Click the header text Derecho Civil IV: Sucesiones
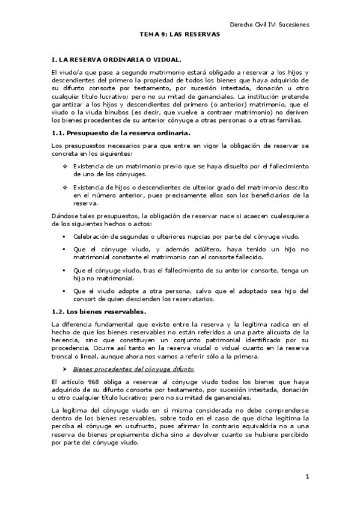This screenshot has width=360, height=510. coord(270,25)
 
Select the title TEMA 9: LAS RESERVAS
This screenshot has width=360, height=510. coord(180,35)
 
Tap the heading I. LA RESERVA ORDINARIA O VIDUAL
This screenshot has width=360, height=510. coord(116,61)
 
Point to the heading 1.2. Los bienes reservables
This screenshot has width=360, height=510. coord(99,311)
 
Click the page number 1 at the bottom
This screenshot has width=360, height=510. coord(307,477)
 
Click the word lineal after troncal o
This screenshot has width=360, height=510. coord(88,355)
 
